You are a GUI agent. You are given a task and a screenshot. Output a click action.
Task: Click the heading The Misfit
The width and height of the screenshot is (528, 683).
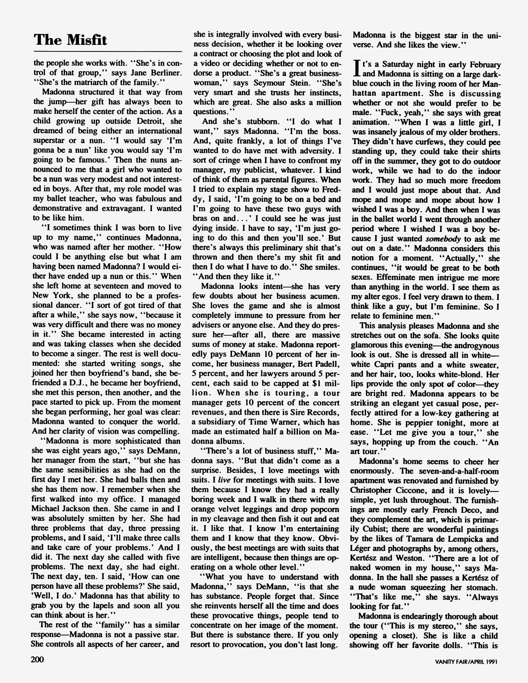[70, 40]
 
